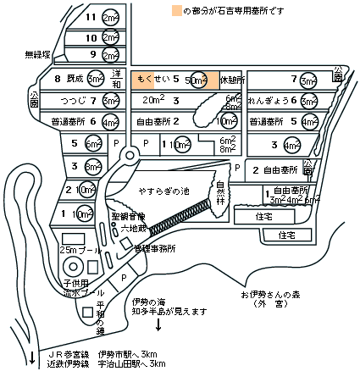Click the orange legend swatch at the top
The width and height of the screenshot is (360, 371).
pyautogui.click(x=175, y=12)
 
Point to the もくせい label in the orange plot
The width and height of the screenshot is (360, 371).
pyautogui.click(x=156, y=79)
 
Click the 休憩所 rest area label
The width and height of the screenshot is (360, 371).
pyautogui.click(x=231, y=80)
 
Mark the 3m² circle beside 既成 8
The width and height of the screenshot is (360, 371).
pyautogui.click(x=96, y=79)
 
